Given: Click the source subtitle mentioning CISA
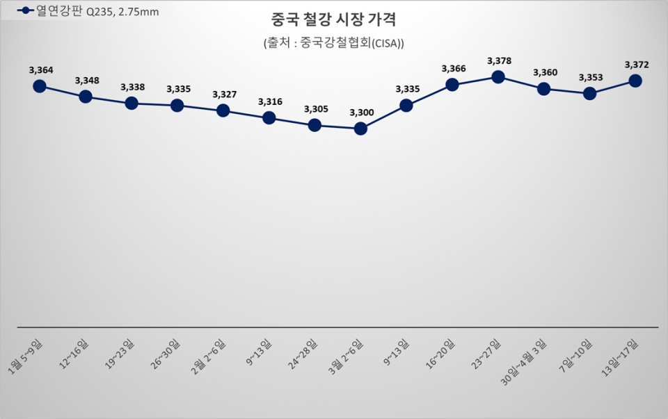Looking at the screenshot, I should [333, 42].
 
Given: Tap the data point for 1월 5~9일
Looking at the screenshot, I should [40, 85].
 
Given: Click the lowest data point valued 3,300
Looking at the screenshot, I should [360, 129].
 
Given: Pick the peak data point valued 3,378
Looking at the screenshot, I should [498, 76].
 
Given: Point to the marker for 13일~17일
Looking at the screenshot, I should [635, 81].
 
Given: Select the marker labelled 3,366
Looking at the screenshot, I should [452, 85].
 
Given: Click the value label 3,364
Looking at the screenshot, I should [41, 69].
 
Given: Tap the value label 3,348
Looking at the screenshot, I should [87, 81].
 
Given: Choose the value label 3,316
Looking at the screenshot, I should [270, 102].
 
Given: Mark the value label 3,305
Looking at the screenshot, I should [316, 109].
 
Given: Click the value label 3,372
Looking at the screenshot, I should [637, 65].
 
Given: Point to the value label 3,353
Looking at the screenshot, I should [591, 77].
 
